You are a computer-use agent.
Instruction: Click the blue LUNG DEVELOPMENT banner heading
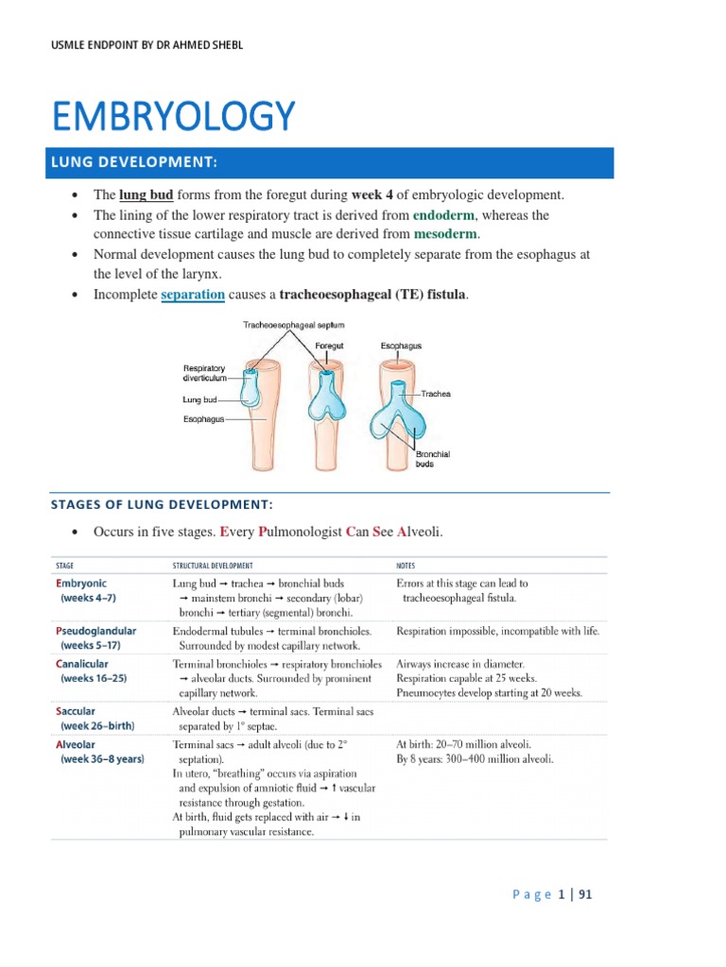pos(147,163)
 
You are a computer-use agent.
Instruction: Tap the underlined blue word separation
pos(193,295)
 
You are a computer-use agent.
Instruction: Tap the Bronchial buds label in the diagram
pos(433,460)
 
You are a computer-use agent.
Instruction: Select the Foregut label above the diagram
pos(329,346)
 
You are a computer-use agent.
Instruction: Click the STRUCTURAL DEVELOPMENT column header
pos(213,566)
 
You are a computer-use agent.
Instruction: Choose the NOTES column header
pos(408,566)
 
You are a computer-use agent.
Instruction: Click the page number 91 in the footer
pos(584,894)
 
